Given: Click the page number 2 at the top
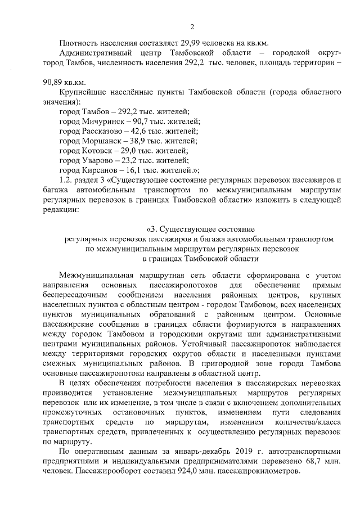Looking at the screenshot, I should (192, 26).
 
